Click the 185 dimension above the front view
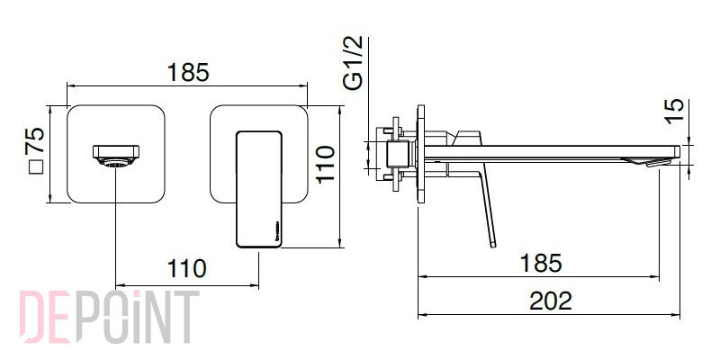188,72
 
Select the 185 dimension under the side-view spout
541,263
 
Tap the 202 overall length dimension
551,301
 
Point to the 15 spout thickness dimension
674,111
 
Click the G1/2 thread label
353,62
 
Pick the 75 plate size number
35,140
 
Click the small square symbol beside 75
36,167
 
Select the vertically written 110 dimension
326,164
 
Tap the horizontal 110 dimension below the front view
186,268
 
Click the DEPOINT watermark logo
109,317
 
